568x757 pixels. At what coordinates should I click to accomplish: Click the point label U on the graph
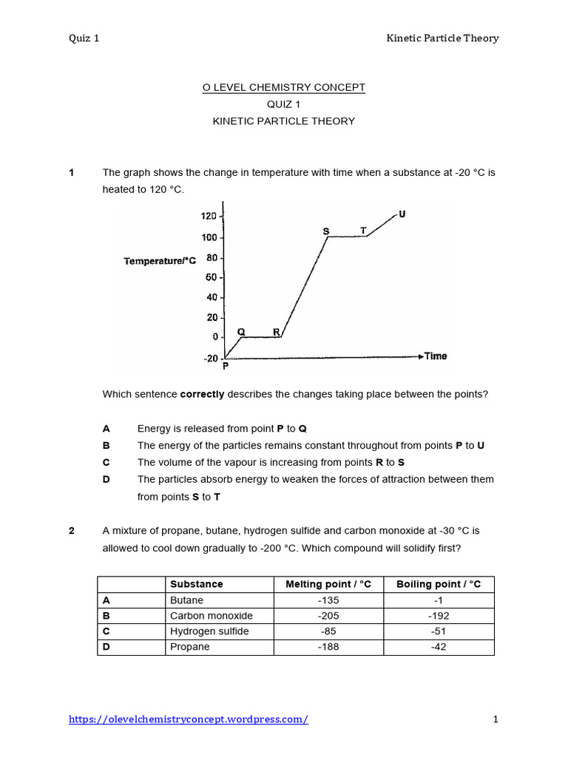(x=402, y=214)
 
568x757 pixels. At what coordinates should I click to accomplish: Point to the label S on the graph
(x=326, y=231)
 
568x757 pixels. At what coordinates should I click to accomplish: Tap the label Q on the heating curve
(x=241, y=332)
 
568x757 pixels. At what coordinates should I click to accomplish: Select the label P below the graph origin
(x=226, y=366)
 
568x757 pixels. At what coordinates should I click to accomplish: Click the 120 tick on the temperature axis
(x=208, y=217)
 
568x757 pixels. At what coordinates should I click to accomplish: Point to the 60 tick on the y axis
(x=211, y=277)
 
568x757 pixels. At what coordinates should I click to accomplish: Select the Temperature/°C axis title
(x=160, y=261)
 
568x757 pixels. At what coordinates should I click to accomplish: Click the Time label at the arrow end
(x=436, y=356)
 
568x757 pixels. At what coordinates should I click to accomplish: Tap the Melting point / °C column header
(x=328, y=584)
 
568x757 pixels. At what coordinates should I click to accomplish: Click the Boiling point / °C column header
(x=439, y=584)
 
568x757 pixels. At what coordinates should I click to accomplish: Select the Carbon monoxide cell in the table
(x=211, y=616)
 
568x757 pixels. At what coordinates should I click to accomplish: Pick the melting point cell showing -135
(x=328, y=600)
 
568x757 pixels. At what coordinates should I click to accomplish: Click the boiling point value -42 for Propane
(x=439, y=647)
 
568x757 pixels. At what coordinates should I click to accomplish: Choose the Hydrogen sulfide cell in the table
(x=209, y=631)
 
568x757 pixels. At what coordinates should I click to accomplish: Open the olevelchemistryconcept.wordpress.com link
(x=189, y=719)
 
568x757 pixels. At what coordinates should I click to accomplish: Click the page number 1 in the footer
(x=496, y=719)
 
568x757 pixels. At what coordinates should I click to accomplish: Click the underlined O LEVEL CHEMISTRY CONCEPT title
(x=284, y=87)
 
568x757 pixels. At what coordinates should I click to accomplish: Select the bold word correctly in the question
(x=202, y=394)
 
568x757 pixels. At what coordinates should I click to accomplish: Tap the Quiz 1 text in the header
(x=84, y=38)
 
